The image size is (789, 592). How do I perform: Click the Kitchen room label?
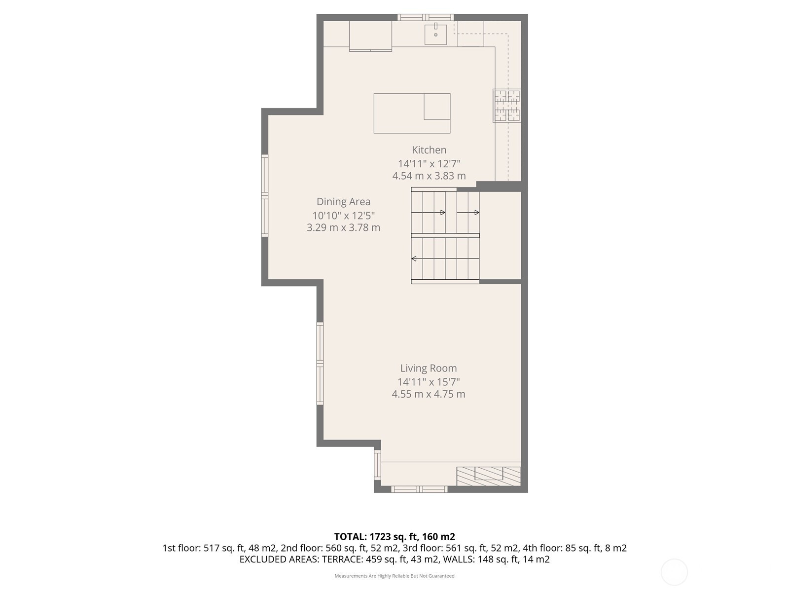point(429,150)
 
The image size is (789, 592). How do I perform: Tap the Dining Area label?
point(343,202)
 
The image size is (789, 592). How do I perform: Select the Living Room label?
point(429,368)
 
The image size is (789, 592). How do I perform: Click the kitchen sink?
point(435,34)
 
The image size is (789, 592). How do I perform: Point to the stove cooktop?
point(507,106)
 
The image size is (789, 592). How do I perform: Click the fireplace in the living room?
point(489,476)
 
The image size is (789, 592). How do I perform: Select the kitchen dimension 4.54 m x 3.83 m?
point(429,176)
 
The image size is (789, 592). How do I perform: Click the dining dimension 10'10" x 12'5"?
point(343,216)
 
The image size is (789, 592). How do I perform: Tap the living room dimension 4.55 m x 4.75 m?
point(429,394)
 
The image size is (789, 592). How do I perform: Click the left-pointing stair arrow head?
point(414,259)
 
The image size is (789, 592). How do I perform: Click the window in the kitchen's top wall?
point(425,17)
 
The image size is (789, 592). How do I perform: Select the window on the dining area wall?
point(264,195)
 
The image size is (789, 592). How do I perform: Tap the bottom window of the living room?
point(419,489)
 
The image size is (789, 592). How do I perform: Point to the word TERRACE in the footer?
point(342,559)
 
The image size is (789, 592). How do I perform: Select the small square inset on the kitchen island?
point(437,107)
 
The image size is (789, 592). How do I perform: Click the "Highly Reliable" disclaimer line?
point(394,576)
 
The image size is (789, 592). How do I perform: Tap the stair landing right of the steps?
point(501,235)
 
